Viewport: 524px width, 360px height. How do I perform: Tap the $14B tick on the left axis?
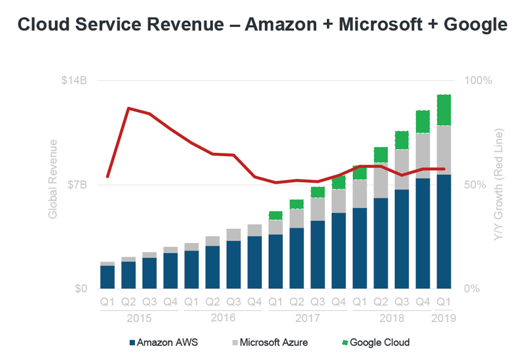coord(74,80)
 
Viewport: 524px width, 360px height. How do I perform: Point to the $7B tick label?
coord(78,185)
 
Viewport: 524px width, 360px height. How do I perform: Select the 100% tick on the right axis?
coord(478,80)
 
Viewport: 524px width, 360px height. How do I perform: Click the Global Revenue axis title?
coord(52,178)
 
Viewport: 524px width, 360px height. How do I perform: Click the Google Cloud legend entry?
coord(376,342)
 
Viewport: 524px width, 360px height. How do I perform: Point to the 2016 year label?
coord(223,318)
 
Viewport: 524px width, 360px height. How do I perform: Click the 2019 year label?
coord(443,318)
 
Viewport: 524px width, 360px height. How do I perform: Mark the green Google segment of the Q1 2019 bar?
coord(443,110)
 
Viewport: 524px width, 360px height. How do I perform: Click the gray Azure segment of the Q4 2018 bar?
coord(422,155)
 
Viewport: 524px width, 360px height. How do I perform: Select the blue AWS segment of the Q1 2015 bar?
coord(108,277)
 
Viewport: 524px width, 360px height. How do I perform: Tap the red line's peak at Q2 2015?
coord(128,108)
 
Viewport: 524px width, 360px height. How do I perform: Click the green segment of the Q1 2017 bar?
coord(276,215)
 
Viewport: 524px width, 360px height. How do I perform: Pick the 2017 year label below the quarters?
coord(307,318)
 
